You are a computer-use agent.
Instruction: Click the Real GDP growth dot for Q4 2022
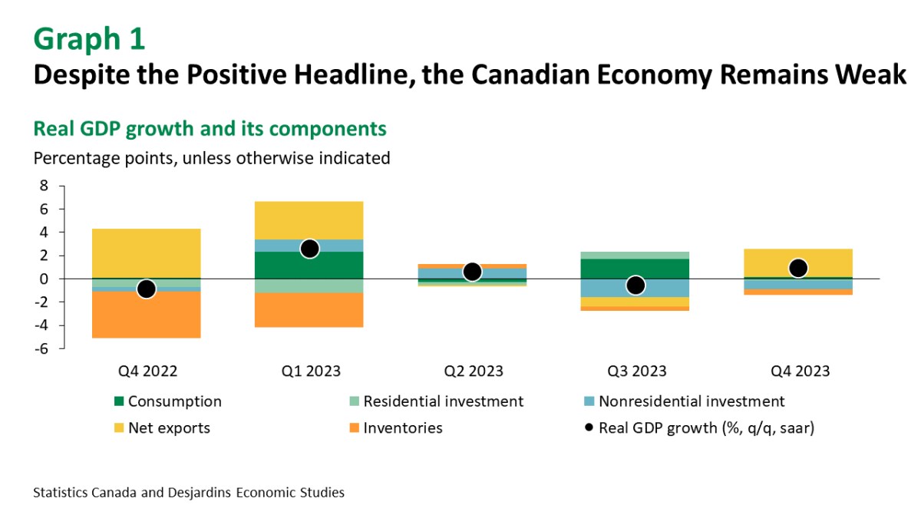point(147,289)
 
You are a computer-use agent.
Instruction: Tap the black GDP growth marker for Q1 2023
point(309,249)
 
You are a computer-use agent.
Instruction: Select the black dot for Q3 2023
point(635,285)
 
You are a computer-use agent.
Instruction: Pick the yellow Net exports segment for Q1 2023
point(309,220)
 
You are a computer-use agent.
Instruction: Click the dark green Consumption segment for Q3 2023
point(635,269)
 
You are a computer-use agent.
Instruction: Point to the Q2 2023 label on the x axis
point(474,371)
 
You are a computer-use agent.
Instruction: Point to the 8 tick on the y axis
point(44,186)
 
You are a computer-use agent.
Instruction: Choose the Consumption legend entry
point(174,401)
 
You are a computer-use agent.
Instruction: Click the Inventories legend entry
point(402,428)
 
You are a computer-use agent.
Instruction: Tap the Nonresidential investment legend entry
point(691,401)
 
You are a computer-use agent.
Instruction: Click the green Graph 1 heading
point(89,39)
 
